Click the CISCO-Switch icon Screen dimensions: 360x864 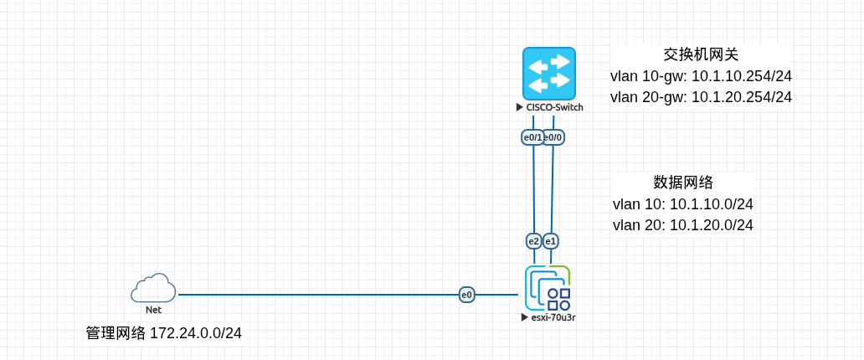tap(549, 74)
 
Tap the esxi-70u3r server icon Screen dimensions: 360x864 tap(548, 288)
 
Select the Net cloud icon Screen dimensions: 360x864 tap(153, 288)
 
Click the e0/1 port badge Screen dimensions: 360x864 tap(532, 136)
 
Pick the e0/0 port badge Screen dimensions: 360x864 tap(554, 136)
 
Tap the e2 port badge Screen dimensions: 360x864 tap(533, 241)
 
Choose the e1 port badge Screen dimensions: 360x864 tap(551, 241)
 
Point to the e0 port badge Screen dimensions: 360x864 tap(466, 295)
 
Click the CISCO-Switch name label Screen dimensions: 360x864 tap(554, 107)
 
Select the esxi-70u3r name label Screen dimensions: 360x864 tap(553, 317)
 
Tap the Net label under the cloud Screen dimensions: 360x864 tap(153, 310)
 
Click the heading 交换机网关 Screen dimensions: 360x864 tap(701, 54)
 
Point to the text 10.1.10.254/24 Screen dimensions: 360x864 tap(742, 76)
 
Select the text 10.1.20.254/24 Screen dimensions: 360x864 tap(742, 97)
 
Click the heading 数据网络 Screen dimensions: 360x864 tap(683, 183)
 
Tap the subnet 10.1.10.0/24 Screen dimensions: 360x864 tap(712, 204)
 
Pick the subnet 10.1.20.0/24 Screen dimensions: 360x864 tap(712, 225)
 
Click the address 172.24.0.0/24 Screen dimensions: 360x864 tap(196, 333)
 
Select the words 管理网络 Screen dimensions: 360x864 tap(116, 333)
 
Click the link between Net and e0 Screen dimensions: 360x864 tap(318, 295)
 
